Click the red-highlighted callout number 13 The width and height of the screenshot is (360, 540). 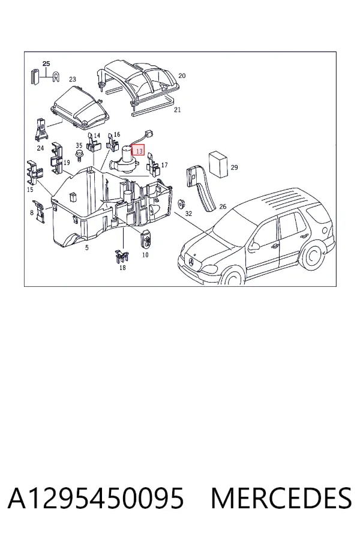point(139,151)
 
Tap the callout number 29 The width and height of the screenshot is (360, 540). point(234,167)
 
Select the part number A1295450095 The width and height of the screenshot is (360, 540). point(96,499)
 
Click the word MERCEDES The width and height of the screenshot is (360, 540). point(281,499)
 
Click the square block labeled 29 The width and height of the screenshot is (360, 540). point(218,164)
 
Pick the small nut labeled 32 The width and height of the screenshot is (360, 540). point(180,203)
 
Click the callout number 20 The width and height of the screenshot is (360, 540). point(182,76)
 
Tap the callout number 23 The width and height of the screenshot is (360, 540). point(73,79)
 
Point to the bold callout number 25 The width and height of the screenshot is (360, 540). point(46,64)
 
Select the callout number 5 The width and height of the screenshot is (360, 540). point(87,247)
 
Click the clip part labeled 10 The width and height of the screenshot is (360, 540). point(146,238)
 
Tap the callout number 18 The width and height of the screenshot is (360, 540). point(122,268)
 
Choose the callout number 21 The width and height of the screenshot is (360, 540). point(178,110)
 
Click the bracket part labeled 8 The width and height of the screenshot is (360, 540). point(39,211)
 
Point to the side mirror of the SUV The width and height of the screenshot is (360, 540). point(254,246)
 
